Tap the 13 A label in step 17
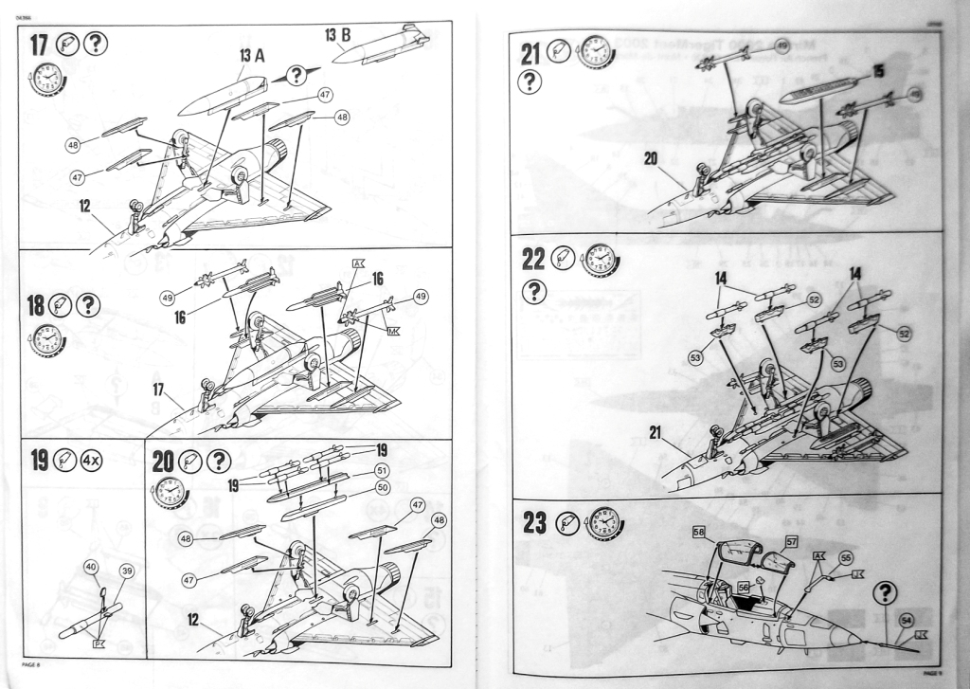(251, 55)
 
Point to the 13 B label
(338, 36)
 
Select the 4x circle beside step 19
(94, 462)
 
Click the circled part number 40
(91, 567)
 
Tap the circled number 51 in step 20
(382, 469)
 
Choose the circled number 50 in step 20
(383, 486)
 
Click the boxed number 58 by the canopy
(699, 534)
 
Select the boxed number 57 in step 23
(792, 541)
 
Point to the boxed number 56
(745, 587)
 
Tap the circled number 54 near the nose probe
(907, 620)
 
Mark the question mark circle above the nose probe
(886, 593)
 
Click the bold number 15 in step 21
(878, 71)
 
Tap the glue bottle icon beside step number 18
(64, 304)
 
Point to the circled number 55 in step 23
(846, 558)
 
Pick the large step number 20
(163, 462)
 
